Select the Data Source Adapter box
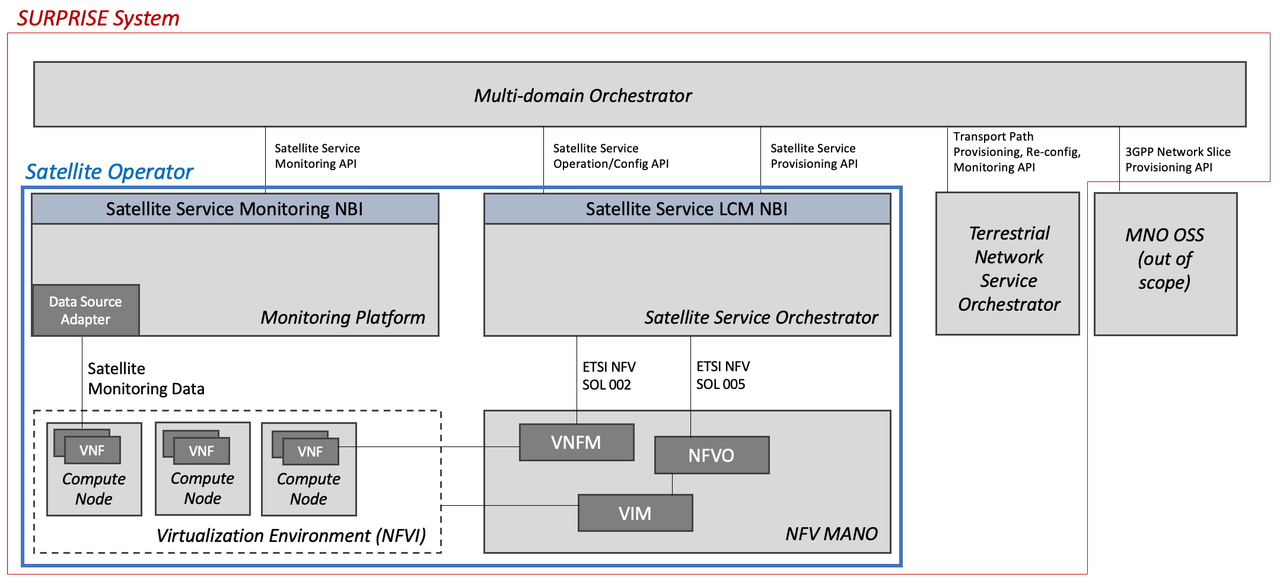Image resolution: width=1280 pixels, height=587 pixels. click(x=85, y=310)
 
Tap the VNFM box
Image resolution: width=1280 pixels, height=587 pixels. click(x=576, y=442)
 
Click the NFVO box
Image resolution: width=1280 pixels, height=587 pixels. click(x=711, y=455)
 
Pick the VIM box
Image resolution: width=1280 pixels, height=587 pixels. click(x=635, y=513)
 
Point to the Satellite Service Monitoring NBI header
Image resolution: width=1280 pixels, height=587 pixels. click(x=235, y=209)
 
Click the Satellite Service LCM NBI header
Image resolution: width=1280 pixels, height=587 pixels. click(x=687, y=209)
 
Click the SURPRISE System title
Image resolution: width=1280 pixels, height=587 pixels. click(x=98, y=18)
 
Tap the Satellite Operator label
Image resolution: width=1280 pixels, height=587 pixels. click(x=109, y=171)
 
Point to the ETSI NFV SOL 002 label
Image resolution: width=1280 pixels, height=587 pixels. click(x=609, y=376)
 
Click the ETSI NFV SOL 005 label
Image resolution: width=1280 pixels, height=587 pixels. click(x=722, y=375)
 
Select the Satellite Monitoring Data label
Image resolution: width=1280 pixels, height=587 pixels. click(x=145, y=379)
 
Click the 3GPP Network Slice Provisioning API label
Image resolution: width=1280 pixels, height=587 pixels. click(x=1177, y=159)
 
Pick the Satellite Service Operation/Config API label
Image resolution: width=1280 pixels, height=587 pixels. click(x=610, y=156)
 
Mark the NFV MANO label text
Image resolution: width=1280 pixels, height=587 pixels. click(x=831, y=534)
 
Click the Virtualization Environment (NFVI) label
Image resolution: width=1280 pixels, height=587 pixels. click(x=291, y=535)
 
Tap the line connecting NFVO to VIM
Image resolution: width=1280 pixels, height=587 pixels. click(x=672, y=484)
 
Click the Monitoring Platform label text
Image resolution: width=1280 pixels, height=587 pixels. click(x=343, y=317)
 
